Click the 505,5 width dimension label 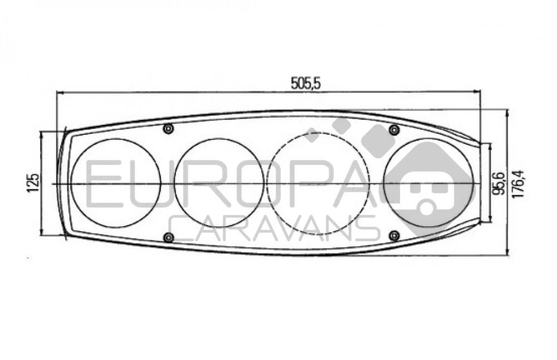pyautogui.click(x=306, y=82)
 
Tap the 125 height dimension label pyautogui.click(x=33, y=182)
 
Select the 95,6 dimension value pyautogui.click(x=499, y=183)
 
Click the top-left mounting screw pyautogui.click(x=168, y=129)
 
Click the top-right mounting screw pyautogui.click(x=394, y=130)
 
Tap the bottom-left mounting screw pyautogui.click(x=168, y=238)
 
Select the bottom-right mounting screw pyautogui.click(x=394, y=236)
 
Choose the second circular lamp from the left pyautogui.click(x=219, y=183)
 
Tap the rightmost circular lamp pyautogui.click(x=429, y=183)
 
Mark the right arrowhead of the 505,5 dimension pyautogui.click(x=477, y=91)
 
